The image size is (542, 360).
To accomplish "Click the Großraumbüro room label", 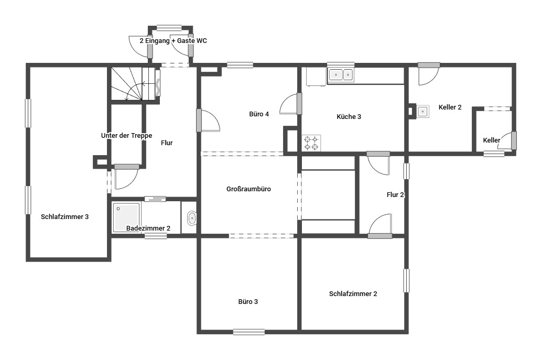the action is tap(248, 189).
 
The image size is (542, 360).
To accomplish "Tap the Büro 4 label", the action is tap(259, 114).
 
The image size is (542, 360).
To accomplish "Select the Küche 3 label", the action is tap(349, 117).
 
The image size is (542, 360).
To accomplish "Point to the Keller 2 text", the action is tap(450, 107).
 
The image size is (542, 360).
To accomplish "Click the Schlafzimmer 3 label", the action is tap(64, 217).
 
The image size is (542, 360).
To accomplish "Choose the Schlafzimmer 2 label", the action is tap(353, 294).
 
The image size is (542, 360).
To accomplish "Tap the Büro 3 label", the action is tap(248, 302).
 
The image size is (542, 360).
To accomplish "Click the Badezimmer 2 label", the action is tap(148, 228).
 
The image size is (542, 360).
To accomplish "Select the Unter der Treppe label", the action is tap(126, 136).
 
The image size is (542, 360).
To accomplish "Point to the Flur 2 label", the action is tap(395, 195).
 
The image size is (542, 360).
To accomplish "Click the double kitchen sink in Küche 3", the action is tap(341, 74).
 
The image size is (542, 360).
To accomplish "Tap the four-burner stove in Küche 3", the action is tap(311, 143).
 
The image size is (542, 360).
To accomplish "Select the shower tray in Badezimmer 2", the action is tap(126, 217).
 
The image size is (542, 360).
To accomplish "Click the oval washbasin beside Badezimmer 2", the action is tap(191, 219).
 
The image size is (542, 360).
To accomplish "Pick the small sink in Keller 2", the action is tap(422, 112).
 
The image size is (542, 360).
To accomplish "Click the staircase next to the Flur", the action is tap(135, 84).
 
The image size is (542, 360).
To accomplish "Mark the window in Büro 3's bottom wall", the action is tap(249, 332).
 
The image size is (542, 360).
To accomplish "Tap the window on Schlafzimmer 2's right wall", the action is tap(407, 280).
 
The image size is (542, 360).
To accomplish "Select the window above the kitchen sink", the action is tap(341, 64).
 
